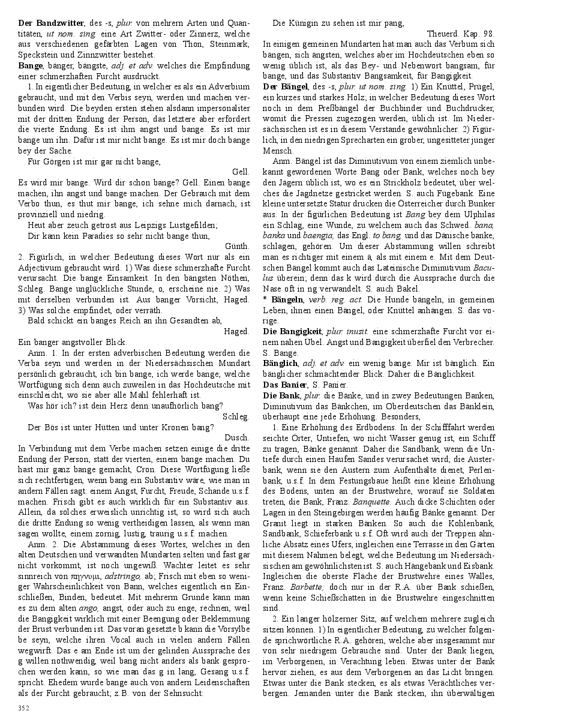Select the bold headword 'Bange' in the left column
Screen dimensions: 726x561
(31, 65)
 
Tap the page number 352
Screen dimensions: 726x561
(24, 708)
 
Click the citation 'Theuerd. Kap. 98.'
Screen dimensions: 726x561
(460, 34)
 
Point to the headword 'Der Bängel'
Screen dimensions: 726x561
(286, 86)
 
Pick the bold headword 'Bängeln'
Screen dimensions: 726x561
(287, 299)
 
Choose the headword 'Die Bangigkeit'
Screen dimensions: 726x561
(293, 331)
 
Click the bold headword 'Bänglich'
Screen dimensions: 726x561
(280, 363)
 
